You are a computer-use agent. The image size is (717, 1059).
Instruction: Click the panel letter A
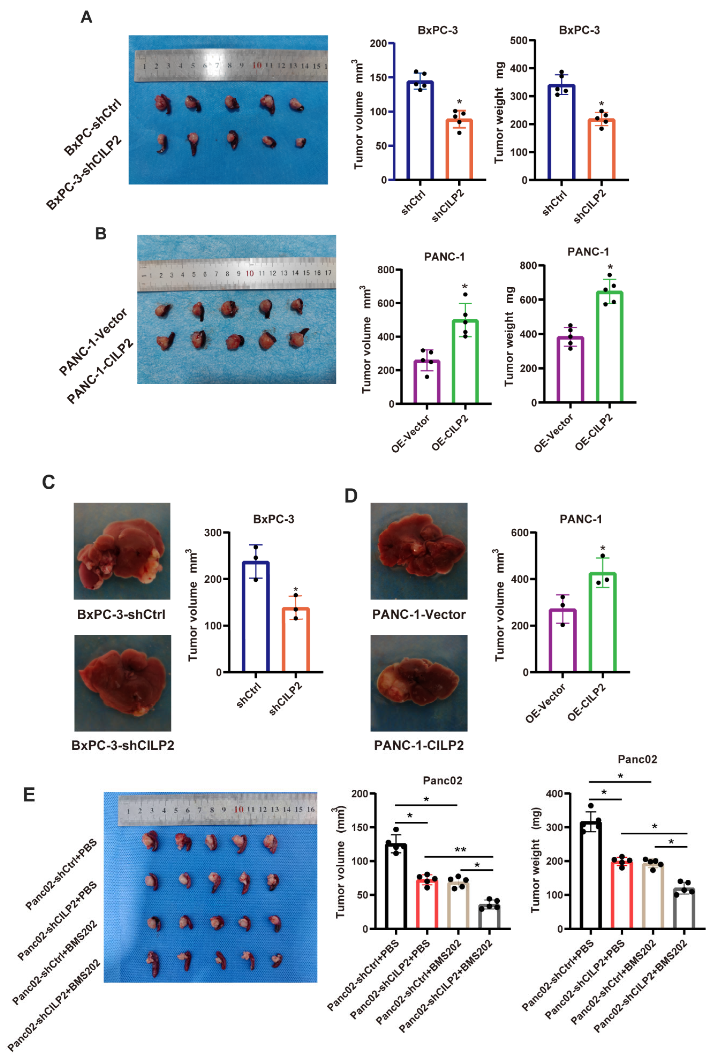coord(86,17)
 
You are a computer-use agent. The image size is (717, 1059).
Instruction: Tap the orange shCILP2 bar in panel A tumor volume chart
coord(459,150)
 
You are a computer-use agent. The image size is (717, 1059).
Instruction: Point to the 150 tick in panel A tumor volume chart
coord(378,77)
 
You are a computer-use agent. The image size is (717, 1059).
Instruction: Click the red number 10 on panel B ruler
coord(250,273)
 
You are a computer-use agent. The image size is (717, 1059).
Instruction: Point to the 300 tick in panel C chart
coord(213,533)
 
